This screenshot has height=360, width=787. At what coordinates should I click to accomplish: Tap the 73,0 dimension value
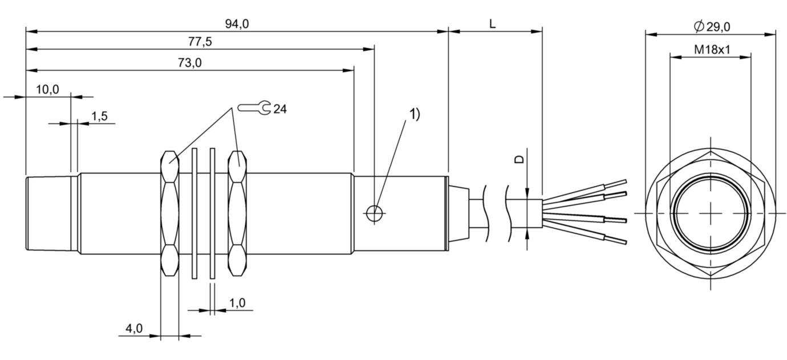(x=190, y=63)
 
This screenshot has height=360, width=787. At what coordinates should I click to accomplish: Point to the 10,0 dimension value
(x=47, y=89)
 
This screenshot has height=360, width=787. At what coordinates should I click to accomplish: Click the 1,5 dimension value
(x=99, y=116)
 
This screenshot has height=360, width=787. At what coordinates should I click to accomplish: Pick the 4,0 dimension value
(x=135, y=329)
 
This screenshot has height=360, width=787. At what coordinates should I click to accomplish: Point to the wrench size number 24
(x=280, y=109)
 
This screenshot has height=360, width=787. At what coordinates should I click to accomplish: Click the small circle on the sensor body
(x=374, y=213)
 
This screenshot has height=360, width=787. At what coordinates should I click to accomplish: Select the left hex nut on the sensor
(x=170, y=213)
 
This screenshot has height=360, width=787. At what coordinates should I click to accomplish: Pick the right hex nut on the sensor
(x=237, y=213)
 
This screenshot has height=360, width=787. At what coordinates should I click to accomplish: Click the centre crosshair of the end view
(x=711, y=213)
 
